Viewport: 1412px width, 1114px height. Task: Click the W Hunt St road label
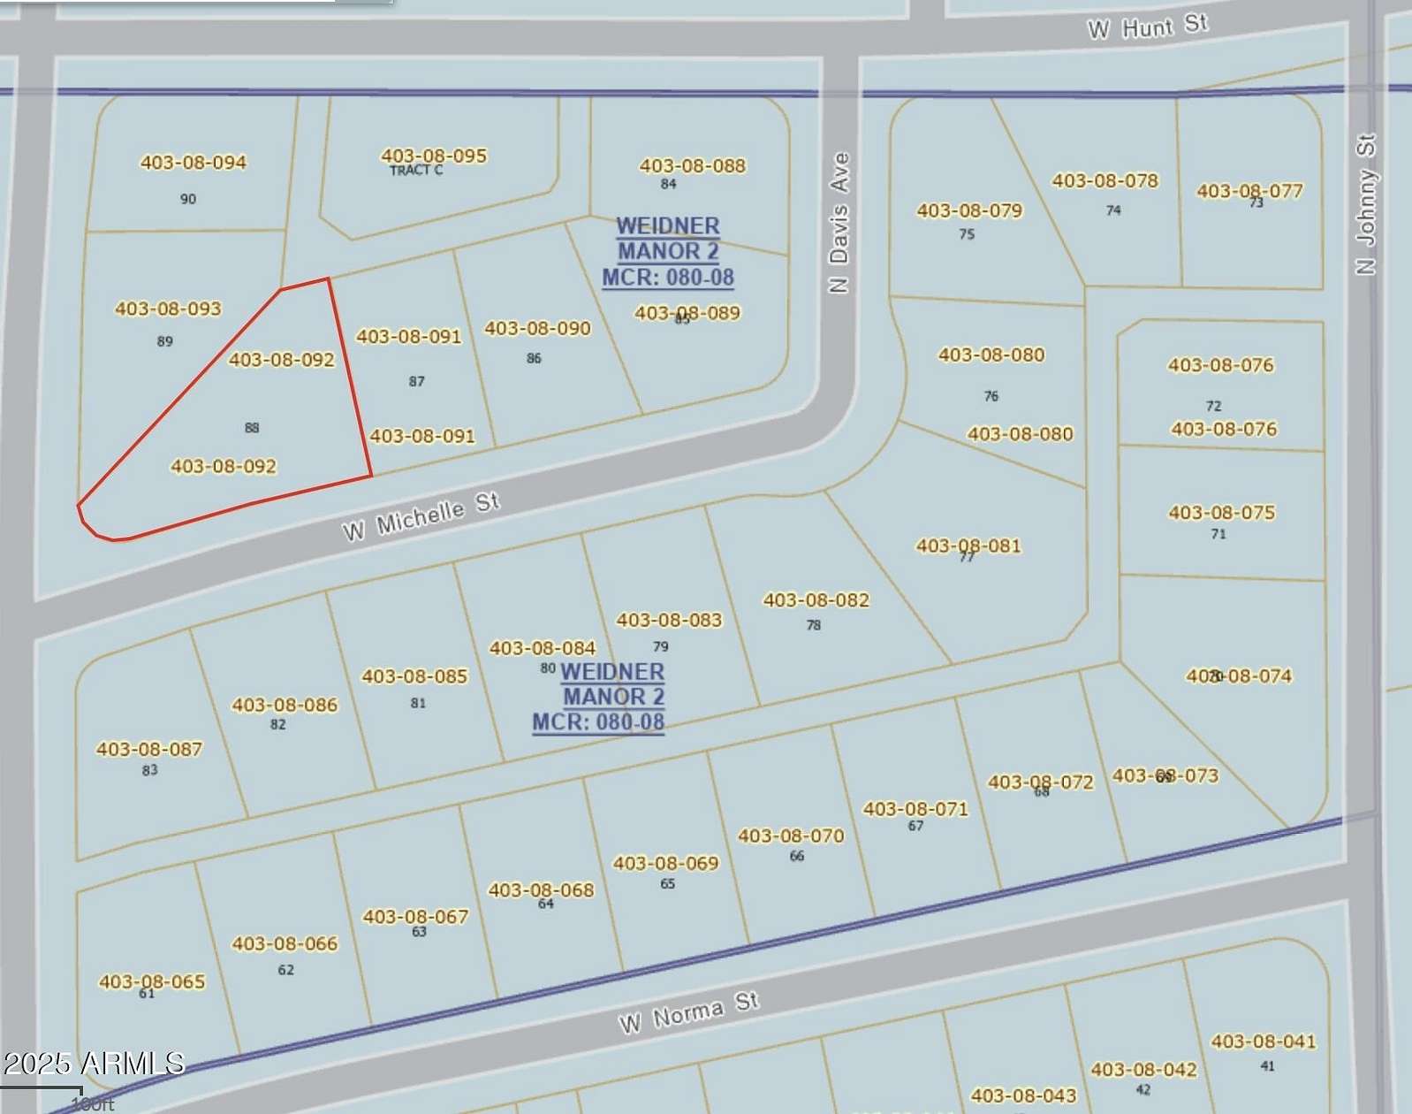[1147, 27]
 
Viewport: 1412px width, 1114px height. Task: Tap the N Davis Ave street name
[839, 222]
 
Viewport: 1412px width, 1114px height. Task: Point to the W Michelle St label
[421, 516]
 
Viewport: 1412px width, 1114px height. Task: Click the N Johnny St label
[1365, 204]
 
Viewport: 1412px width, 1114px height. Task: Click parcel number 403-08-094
[194, 163]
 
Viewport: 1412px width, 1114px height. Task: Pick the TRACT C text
[416, 171]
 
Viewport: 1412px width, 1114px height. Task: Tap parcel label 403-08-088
[693, 166]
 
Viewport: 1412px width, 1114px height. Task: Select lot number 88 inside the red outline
[252, 428]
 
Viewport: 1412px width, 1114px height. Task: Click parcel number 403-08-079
[969, 210]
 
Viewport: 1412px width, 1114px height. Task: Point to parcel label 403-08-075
[1221, 513]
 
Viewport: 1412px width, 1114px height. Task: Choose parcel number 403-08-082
[816, 600]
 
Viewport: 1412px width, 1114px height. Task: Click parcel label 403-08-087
[149, 750]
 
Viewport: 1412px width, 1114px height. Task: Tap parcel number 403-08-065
[152, 981]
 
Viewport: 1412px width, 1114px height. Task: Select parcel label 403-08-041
[1263, 1042]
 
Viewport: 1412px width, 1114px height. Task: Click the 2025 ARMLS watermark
[93, 1063]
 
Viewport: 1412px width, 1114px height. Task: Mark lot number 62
[285, 970]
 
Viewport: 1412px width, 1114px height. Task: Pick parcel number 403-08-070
[791, 836]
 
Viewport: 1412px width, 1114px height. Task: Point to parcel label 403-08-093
[168, 309]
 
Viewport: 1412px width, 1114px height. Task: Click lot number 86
[534, 358]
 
